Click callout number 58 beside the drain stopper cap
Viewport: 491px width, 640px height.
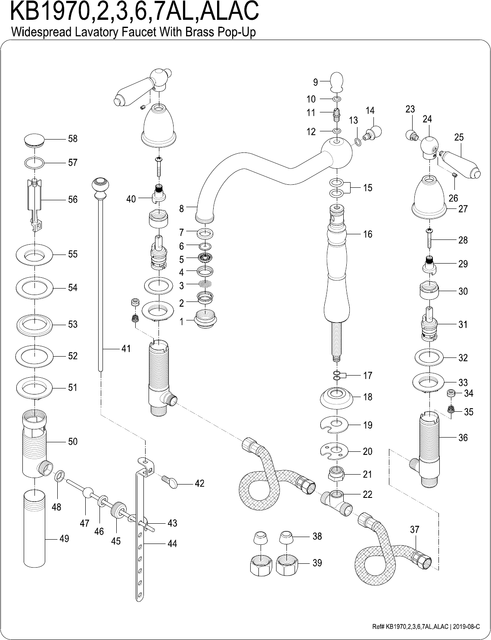(72, 139)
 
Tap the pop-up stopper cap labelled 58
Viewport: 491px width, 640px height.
(34, 139)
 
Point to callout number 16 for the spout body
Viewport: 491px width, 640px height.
(367, 234)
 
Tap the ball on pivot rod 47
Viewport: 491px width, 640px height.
(87, 491)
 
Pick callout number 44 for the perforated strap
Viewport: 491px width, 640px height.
(172, 544)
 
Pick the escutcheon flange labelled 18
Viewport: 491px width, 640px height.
(337, 397)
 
